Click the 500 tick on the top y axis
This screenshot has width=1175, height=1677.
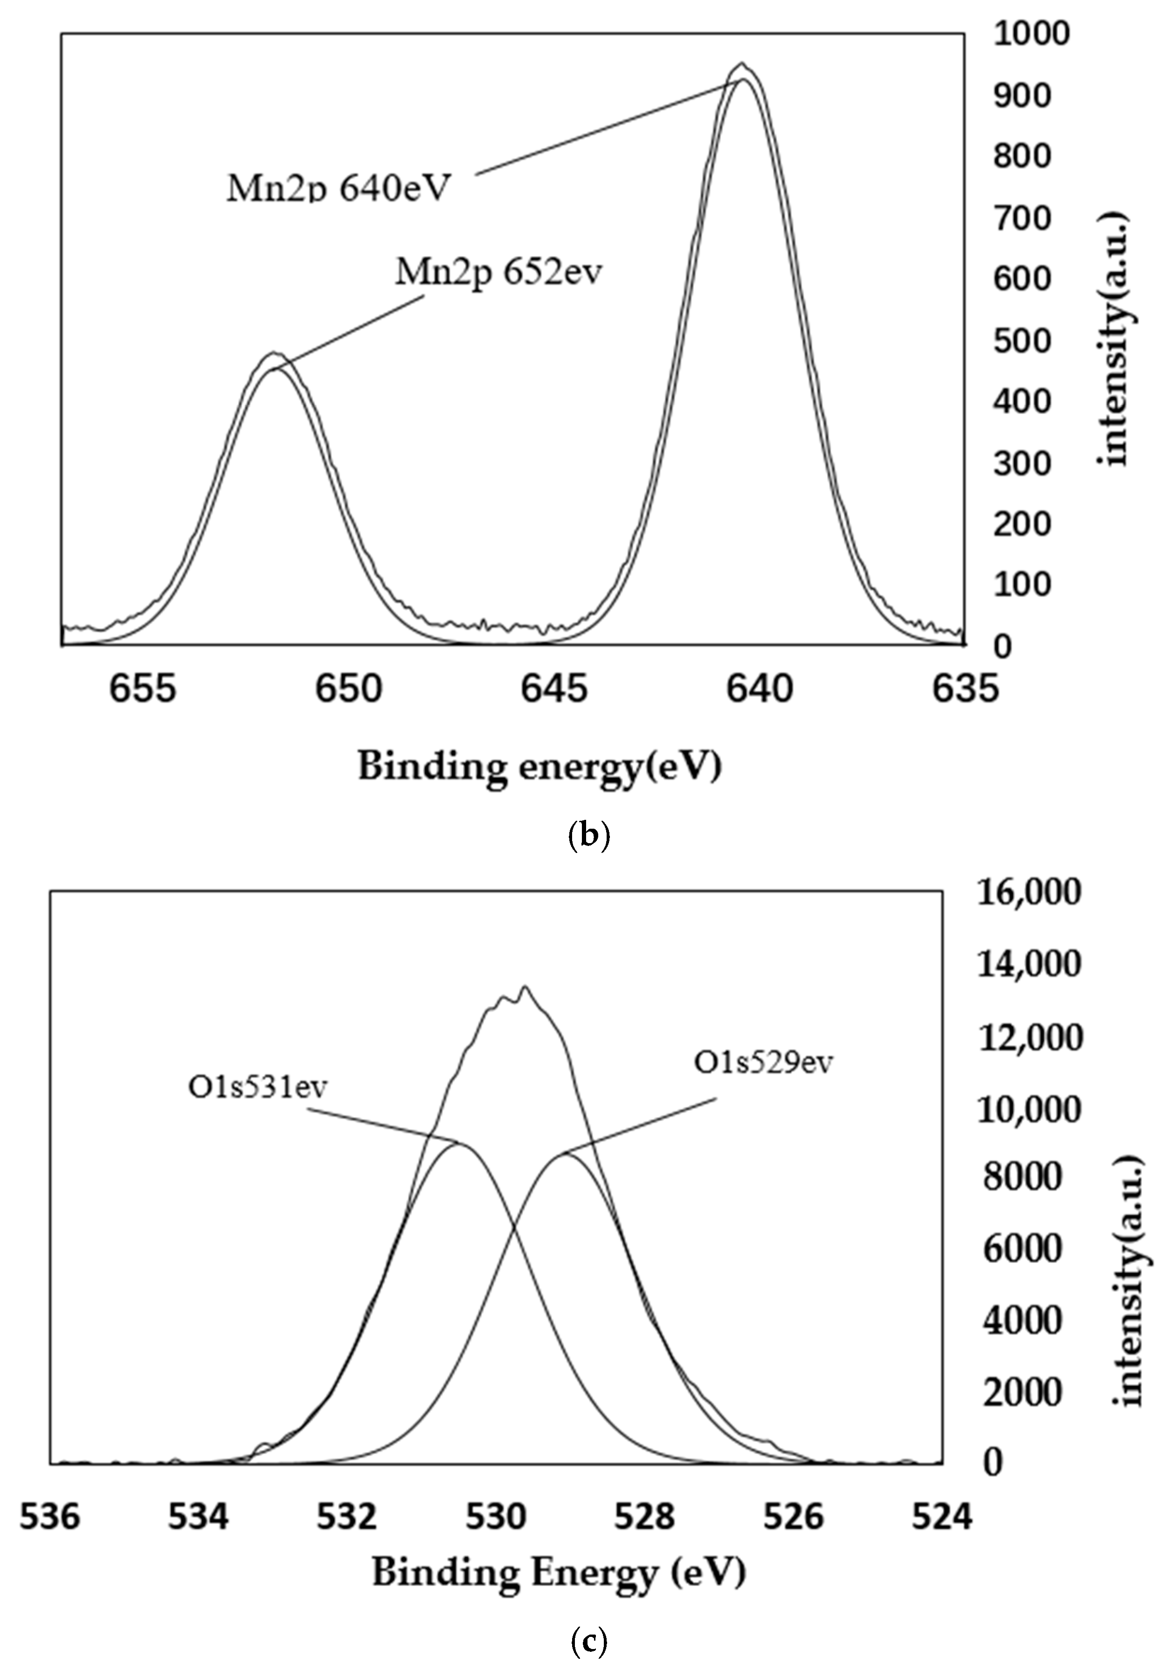click(x=1021, y=341)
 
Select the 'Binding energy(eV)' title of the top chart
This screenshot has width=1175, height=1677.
click(x=539, y=768)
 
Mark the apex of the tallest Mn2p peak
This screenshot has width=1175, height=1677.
click(x=741, y=64)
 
